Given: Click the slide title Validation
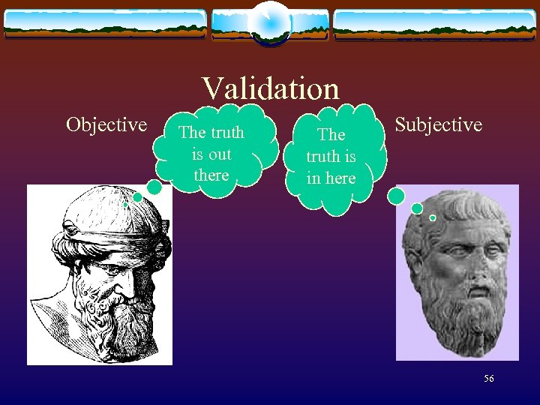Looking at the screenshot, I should pyautogui.click(x=270, y=89).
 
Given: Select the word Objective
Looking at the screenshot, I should pyautogui.click(x=106, y=124).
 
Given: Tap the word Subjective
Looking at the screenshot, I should pyautogui.click(x=438, y=124).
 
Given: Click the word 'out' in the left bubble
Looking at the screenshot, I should pyautogui.click(x=220, y=154).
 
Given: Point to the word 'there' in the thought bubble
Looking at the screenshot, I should pyautogui.click(x=211, y=175).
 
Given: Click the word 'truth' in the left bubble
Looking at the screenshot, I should pyautogui.click(x=227, y=133).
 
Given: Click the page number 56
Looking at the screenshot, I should pyautogui.click(x=488, y=379).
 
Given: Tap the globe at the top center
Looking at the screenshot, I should pyautogui.click(x=270, y=22).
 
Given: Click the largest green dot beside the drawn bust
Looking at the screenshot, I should pyautogui.click(x=154, y=187).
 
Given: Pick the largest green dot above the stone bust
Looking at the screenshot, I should pyautogui.click(x=397, y=196).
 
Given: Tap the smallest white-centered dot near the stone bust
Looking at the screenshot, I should pyautogui.click(x=433, y=217).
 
